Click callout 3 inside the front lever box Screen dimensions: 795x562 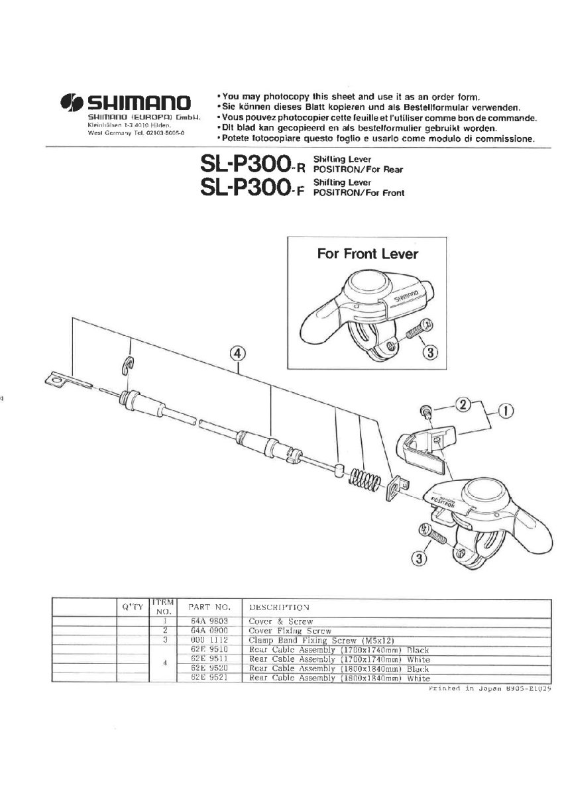[x=430, y=352]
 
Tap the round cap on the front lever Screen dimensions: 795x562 [x=367, y=286]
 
